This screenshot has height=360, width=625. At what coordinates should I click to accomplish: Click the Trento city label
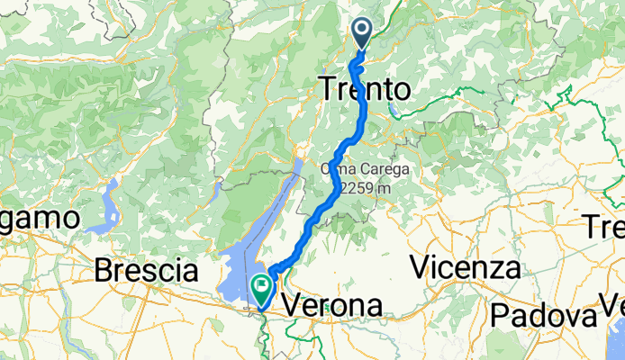(364, 90)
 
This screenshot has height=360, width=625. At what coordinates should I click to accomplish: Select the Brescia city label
(145, 270)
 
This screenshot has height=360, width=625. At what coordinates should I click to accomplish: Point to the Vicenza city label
(466, 267)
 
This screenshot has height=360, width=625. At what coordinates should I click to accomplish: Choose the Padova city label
(543, 316)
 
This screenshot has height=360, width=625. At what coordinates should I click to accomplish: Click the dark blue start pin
(362, 34)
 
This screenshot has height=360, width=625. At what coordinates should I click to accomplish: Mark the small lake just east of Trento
(395, 112)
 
